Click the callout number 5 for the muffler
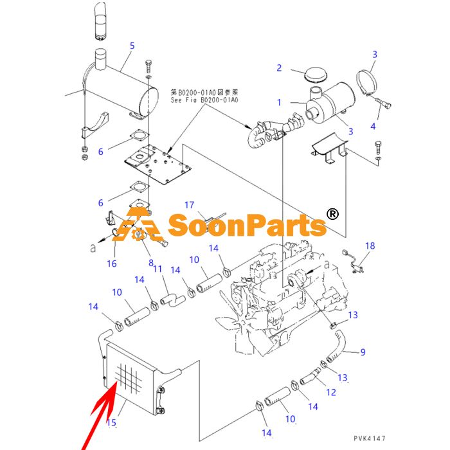(x=132, y=46)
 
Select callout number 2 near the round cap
(x=279, y=68)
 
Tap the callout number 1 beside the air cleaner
(x=279, y=102)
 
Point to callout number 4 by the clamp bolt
(x=373, y=126)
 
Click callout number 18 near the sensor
(x=370, y=246)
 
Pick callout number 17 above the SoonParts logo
(x=189, y=205)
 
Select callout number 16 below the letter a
(x=112, y=264)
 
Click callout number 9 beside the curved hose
(x=363, y=352)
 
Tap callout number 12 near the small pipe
(x=331, y=392)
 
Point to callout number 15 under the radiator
(x=111, y=422)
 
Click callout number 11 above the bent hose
(x=157, y=269)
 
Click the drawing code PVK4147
(x=370, y=438)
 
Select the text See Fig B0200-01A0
(x=204, y=100)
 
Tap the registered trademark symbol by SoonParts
(x=332, y=214)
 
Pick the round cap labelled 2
(x=316, y=75)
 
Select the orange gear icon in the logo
(x=139, y=235)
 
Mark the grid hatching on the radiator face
(x=129, y=377)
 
